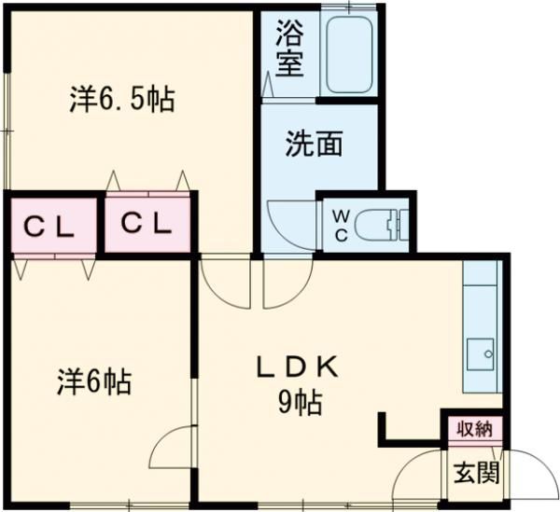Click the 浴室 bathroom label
[290, 48]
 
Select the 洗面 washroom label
[315, 144]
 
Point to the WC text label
[342, 226]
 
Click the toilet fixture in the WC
[381, 225]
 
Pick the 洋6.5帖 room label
[121, 99]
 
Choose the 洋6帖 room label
[94, 381]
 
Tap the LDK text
[298, 367]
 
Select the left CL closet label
[49, 227]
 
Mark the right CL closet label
[146, 224]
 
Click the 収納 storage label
[475, 429]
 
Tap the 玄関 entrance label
[476, 473]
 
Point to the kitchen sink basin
[481, 354]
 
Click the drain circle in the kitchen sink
[488, 354]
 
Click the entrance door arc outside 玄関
[544, 464]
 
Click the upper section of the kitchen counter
[480, 273]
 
